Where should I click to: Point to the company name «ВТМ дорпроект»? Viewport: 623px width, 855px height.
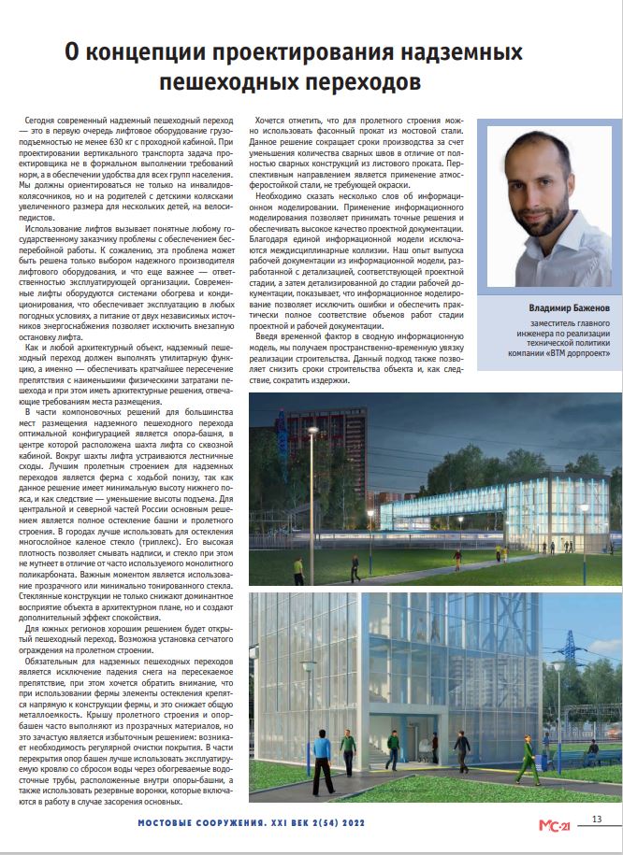575,353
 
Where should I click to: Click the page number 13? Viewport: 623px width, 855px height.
596,819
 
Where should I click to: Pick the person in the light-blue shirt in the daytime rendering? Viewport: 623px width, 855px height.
345,748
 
